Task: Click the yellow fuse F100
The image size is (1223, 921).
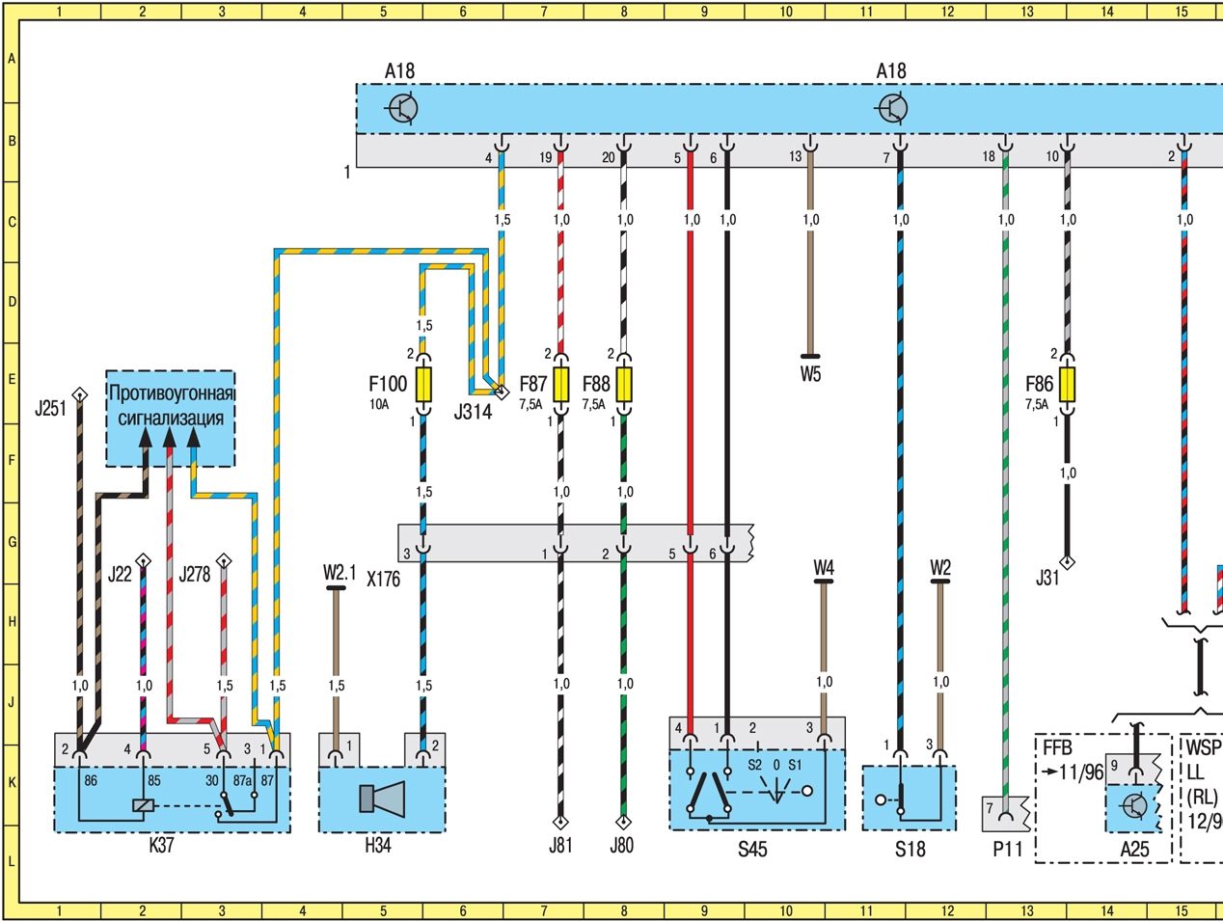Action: pos(423,385)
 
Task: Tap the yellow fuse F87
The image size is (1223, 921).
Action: pos(560,385)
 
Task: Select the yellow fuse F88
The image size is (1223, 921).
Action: pos(624,385)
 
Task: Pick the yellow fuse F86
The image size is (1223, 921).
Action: pos(1067,385)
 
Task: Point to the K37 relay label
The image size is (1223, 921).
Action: pos(161,846)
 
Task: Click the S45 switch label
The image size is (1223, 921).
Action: pos(752,850)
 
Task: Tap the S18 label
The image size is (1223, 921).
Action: pos(909,850)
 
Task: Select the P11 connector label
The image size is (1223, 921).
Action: pos(1004,850)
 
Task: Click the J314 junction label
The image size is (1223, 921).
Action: pos(473,413)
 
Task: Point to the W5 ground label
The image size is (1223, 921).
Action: pos(810,374)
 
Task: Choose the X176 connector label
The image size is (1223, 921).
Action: pos(384,581)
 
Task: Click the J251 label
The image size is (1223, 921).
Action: pos(50,409)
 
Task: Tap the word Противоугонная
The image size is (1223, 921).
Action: pos(172,393)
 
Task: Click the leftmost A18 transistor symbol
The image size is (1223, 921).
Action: pos(403,108)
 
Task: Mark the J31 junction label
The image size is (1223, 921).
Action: pos(1047,579)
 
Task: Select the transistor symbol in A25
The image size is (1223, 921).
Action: pos(1135,806)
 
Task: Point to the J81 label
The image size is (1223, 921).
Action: pos(560,846)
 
